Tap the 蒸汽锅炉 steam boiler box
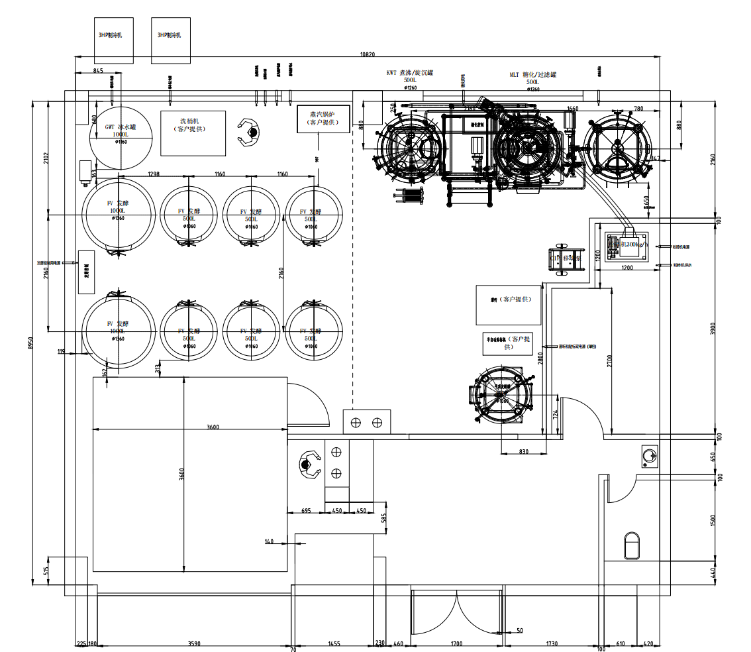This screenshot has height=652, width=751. point(323,119)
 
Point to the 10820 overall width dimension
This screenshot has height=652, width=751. point(368,54)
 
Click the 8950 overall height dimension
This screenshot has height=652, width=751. point(30,344)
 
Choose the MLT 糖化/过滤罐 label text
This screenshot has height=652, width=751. point(532,74)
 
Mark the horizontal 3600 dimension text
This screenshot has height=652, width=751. point(213,427)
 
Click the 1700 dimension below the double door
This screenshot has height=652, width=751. point(456,643)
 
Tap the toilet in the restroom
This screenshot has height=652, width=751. point(632,545)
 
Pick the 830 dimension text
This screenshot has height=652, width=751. point(523,452)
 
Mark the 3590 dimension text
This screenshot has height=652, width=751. point(194,643)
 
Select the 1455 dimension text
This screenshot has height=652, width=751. point(334,643)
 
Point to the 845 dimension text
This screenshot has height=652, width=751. point(98,70)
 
